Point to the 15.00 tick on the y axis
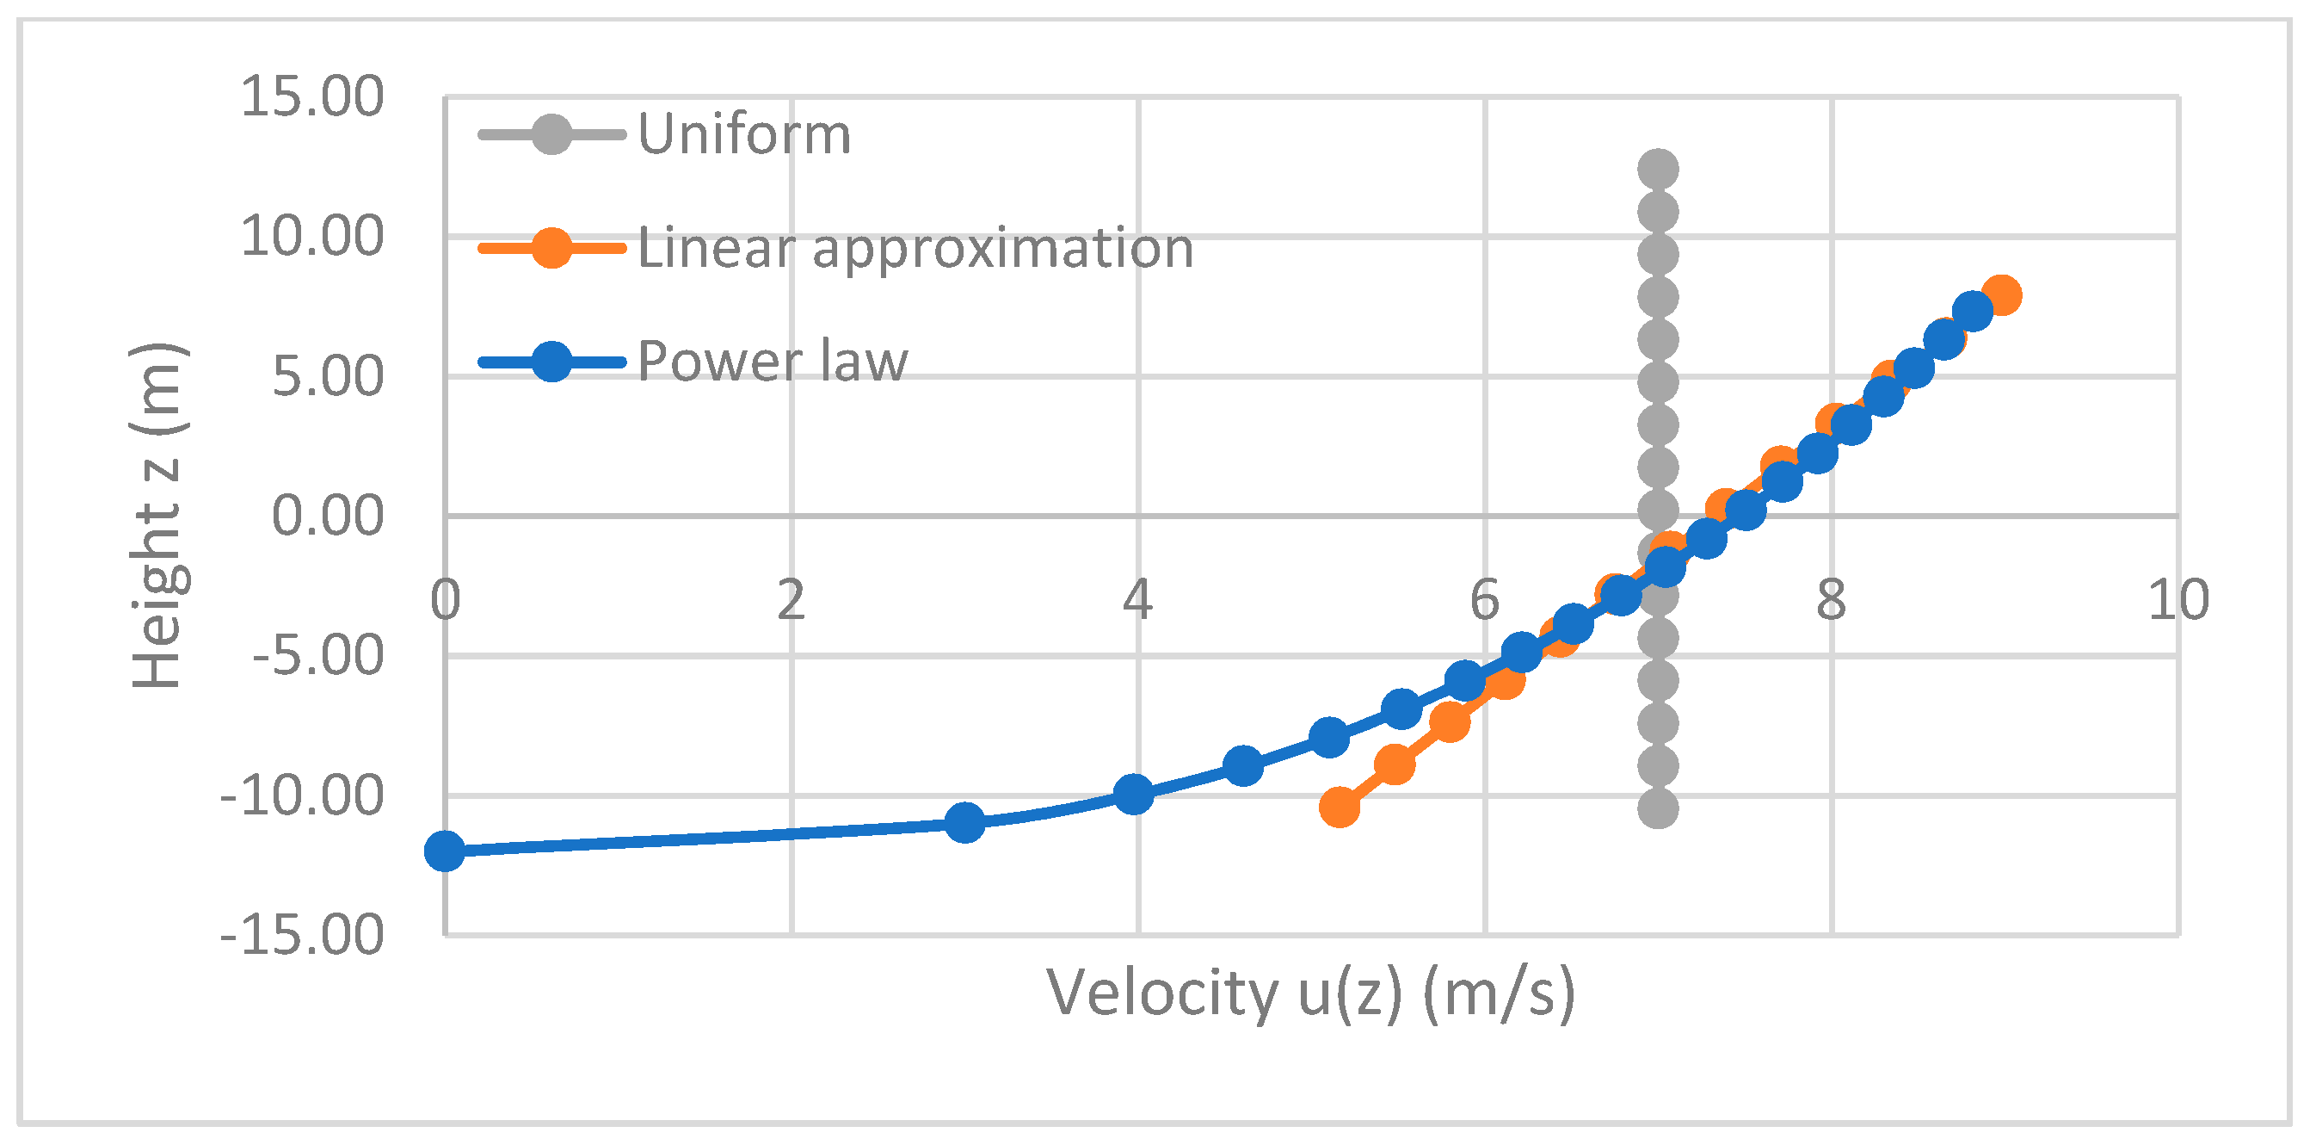[311, 96]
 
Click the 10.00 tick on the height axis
[311, 237]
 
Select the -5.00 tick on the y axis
[317, 655]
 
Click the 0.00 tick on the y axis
[327, 517]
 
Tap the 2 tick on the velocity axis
[792, 600]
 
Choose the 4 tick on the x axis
[1137, 600]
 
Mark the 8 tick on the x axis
[1832, 600]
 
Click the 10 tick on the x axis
[2177, 600]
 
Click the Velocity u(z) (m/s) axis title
[1311, 993]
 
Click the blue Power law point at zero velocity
[444, 851]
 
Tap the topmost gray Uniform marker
[1658, 169]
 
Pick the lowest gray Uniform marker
[1658, 808]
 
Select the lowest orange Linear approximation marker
[1339, 807]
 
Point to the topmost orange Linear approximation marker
[2001, 295]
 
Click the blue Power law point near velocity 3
[964, 822]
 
